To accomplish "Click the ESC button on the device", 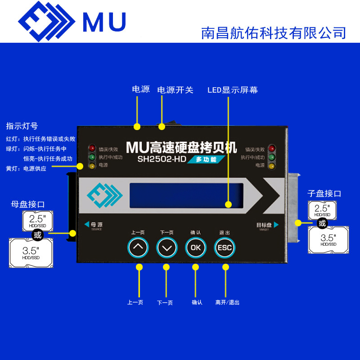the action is pyautogui.click(x=225, y=247).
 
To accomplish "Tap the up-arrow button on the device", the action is pyautogui.click(x=139, y=247).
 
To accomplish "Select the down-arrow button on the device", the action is pyautogui.click(x=167, y=247).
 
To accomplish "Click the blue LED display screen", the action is pyautogui.click(x=186, y=195).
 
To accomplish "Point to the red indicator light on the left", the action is pyautogui.click(x=92, y=148).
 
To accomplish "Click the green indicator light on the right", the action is pyautogui.click(x=271, y=157).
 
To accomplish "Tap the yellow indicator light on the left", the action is pyautogui.click(x=92, y=166).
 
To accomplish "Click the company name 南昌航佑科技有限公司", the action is pyautogui.click(x=274, y=32).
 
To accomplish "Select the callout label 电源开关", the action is pyautogui.click(x=175, y=90).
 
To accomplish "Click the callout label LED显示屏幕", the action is pyautogui.click(x=232, y=90).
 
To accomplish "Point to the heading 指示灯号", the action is pyautogui.click(x=22, y=126).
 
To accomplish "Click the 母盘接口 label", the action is pyautogui.click(x=28, y=204).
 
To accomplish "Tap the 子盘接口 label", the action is pyautogui.click(x=324, y=193).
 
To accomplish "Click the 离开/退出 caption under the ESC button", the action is pyautogui.click(x=227, y=302).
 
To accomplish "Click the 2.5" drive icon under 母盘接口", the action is pyautogui.click(x=37, y=221).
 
